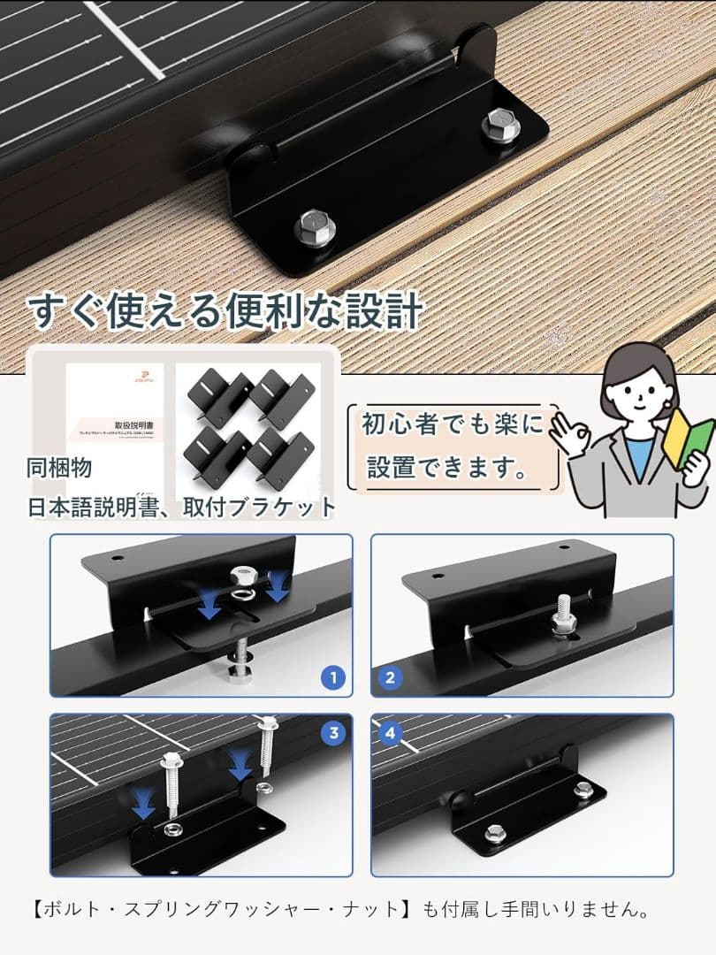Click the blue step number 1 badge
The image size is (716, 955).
[332, 678]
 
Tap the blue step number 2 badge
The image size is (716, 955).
[391, 678]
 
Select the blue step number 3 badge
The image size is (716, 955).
[332, 733]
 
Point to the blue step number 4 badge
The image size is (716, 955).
[391, 733]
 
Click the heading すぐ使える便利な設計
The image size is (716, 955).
[225, 311]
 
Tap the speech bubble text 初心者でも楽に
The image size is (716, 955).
[452, 424]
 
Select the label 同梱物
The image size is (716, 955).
[59, 468]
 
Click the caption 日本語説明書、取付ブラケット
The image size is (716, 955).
[181, 507]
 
